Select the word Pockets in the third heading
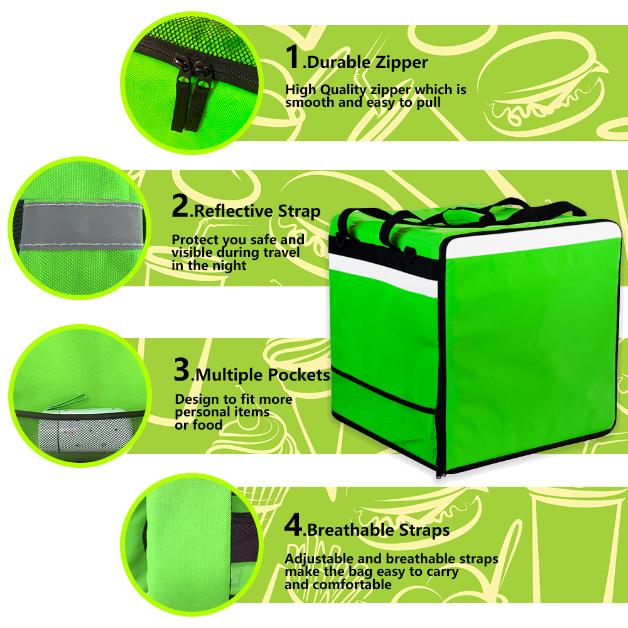tap(299, 375)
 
